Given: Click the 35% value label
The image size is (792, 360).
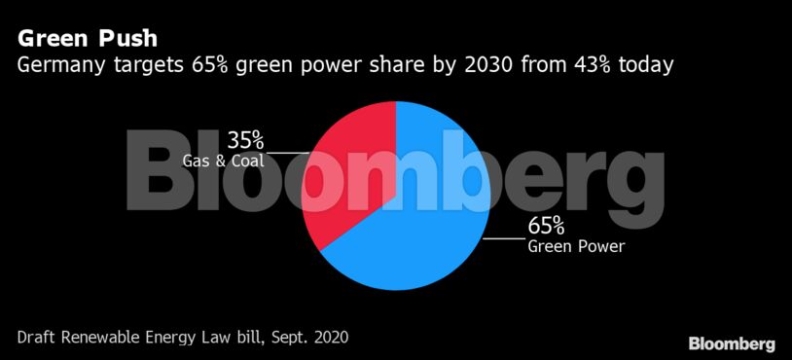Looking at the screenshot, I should click(245, 139).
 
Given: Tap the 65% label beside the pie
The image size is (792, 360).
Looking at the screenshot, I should click(546, 226).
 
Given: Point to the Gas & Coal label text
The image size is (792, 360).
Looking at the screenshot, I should click(222, 159).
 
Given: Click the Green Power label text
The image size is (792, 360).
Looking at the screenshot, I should click(575, 246).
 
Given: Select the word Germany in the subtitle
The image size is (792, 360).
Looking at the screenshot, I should click(60, 66).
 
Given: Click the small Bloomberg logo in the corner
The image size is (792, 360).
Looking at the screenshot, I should click(732, 343).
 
